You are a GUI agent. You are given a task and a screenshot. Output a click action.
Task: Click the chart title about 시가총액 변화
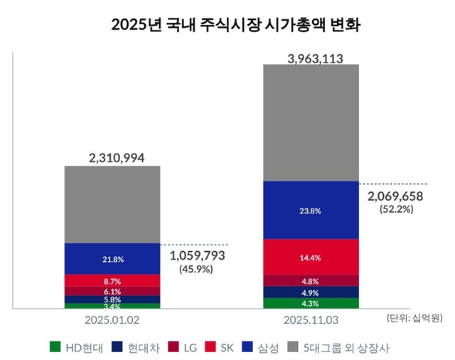click(x=227, y=26)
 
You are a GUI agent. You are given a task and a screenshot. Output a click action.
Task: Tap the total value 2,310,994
click(x=112, y=157)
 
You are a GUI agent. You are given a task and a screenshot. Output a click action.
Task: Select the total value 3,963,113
click(x=311, y=57)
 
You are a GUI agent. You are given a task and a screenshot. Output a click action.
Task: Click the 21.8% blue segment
click(x=112, y=258)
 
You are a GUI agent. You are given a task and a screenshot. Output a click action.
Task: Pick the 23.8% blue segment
click(x=311, y=210)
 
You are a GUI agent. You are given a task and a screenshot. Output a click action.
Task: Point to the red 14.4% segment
click(x=311, y=256)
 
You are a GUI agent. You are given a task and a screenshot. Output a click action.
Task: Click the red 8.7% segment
click(x=112, y=280)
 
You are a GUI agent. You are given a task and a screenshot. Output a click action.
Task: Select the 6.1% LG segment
click(x=112, y=291)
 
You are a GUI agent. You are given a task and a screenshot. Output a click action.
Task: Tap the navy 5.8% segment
click(x=112, y=300)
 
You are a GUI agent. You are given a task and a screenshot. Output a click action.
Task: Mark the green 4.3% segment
click(x=311, y=303)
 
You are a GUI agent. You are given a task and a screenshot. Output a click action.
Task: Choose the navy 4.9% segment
click(x=311, y=292)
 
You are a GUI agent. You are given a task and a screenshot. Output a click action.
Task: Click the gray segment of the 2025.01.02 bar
click(x=112, y=205)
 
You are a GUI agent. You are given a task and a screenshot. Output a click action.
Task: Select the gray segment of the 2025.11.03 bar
click(x=311, y=122)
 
